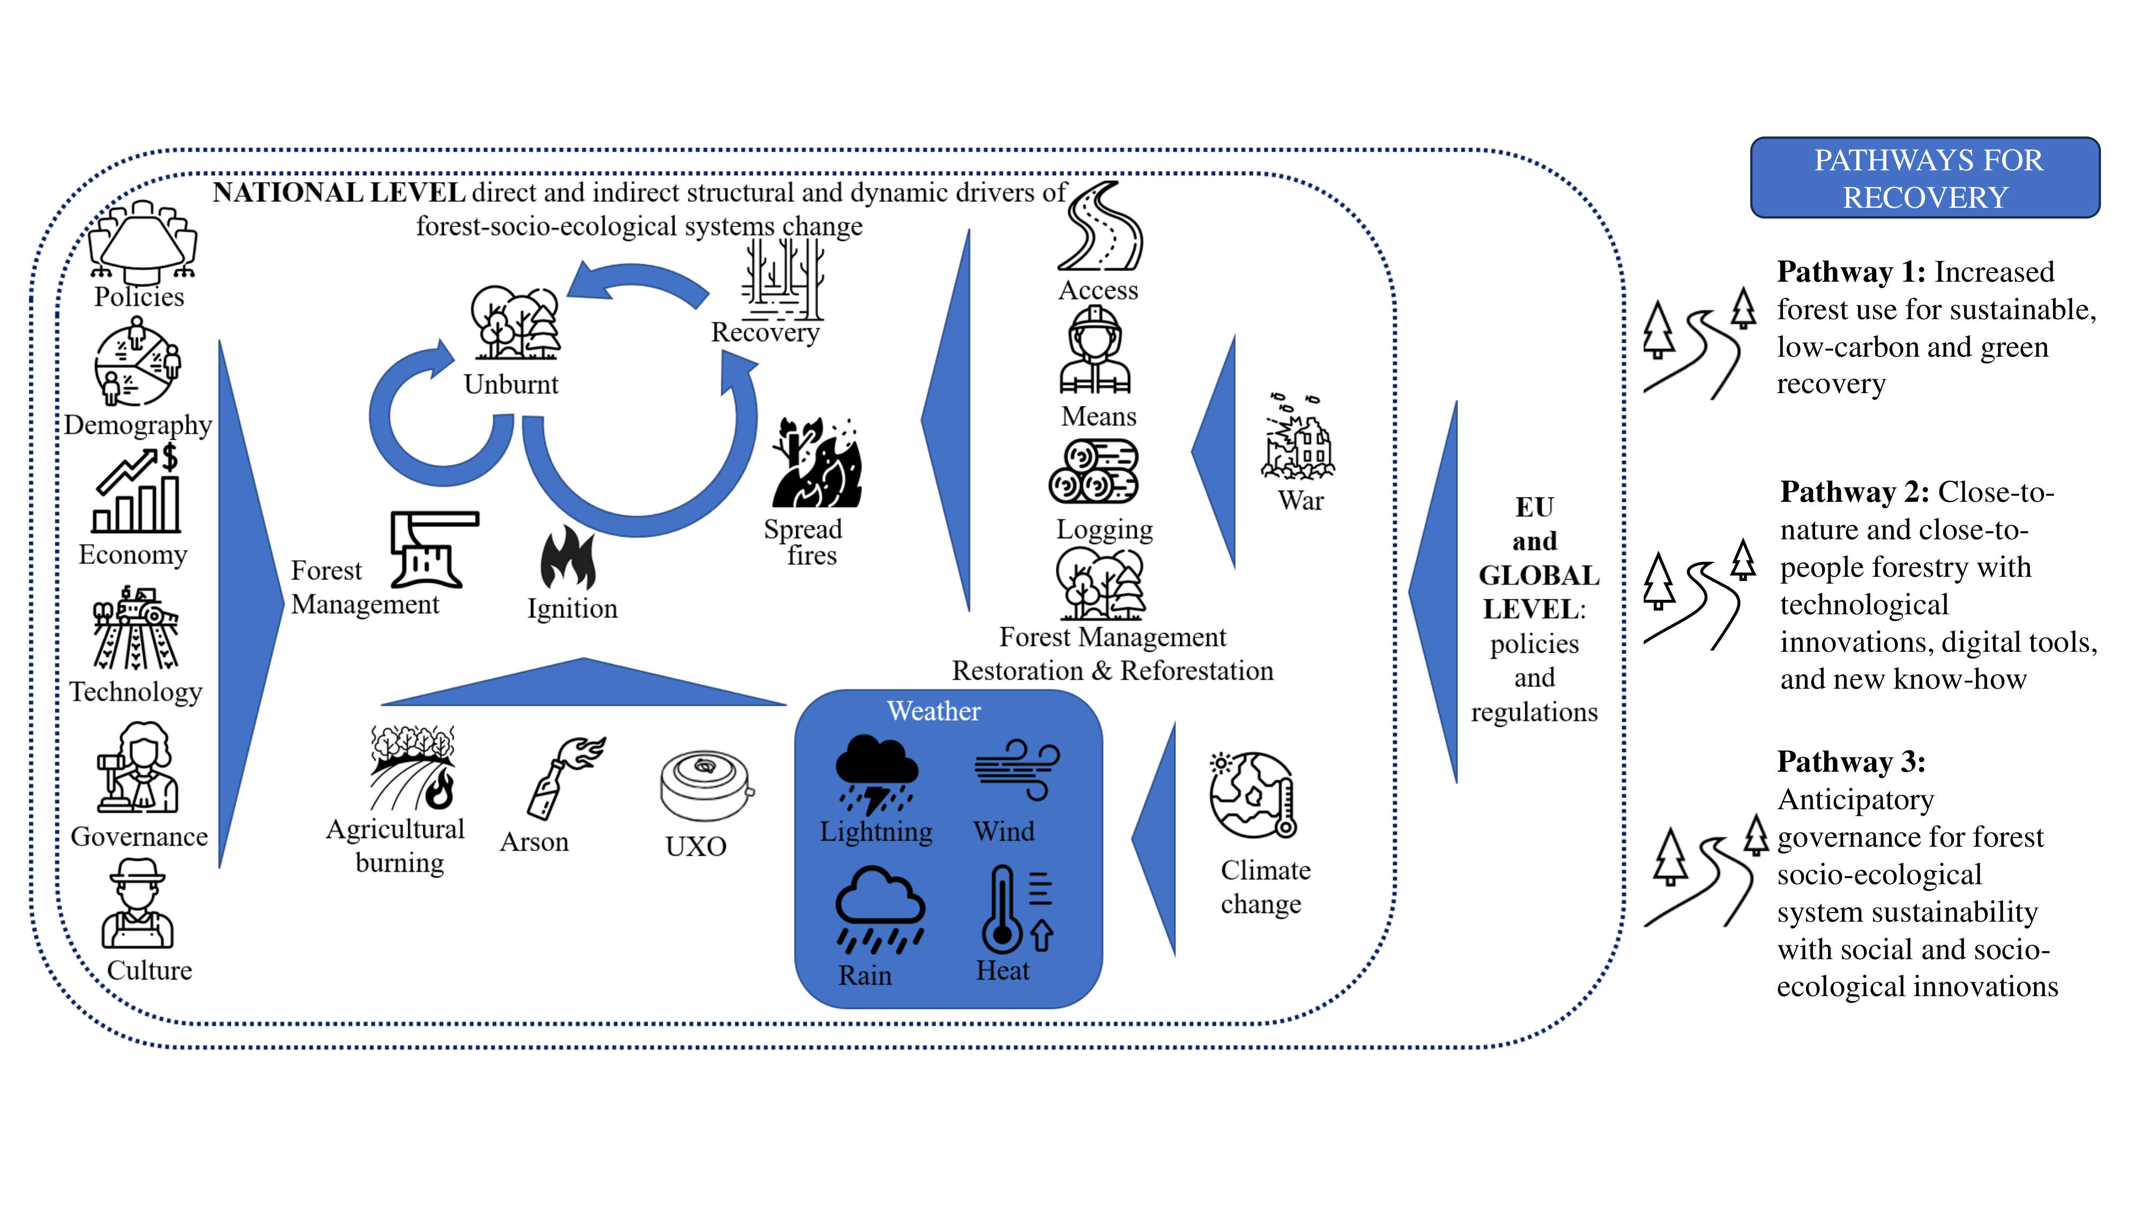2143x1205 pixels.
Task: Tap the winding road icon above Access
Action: pos(1100,227)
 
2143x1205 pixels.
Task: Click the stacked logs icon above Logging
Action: pos(1094,471)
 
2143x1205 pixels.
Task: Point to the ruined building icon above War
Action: pos(1299,439)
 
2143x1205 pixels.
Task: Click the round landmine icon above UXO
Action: pos(706,785)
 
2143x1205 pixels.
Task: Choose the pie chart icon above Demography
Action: pos(137,364)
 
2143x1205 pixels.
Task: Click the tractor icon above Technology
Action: pos(137,628)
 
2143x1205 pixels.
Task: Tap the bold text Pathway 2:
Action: pos(1854,492)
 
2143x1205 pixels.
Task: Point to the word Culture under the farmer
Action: pos(150,970)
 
